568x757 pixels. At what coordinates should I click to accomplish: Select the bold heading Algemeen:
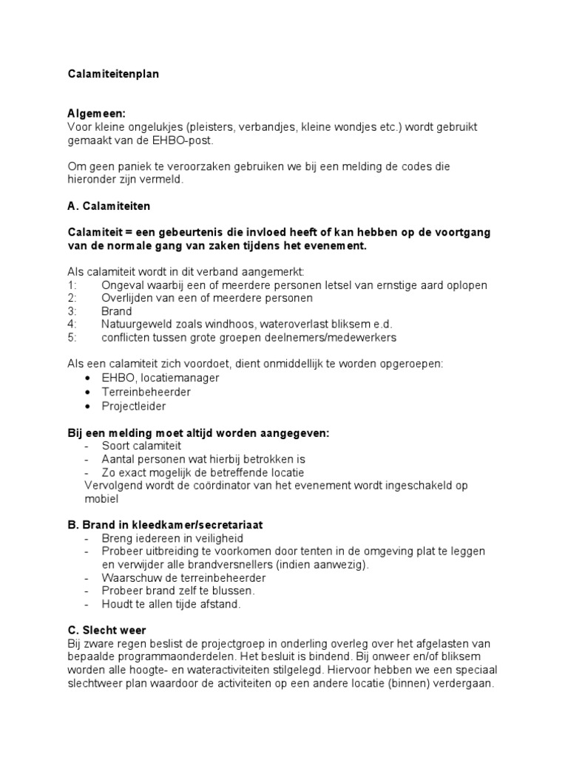96,114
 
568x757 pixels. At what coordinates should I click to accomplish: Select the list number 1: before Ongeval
72,285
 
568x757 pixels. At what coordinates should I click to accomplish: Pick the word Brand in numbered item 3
116,311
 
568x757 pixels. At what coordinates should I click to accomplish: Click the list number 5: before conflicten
72,338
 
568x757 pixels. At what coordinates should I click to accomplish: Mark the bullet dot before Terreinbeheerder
88,392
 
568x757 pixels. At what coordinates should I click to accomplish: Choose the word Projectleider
134,406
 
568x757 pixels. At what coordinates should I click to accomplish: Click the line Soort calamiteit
141,446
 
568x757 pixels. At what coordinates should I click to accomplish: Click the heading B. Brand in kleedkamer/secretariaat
165,525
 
